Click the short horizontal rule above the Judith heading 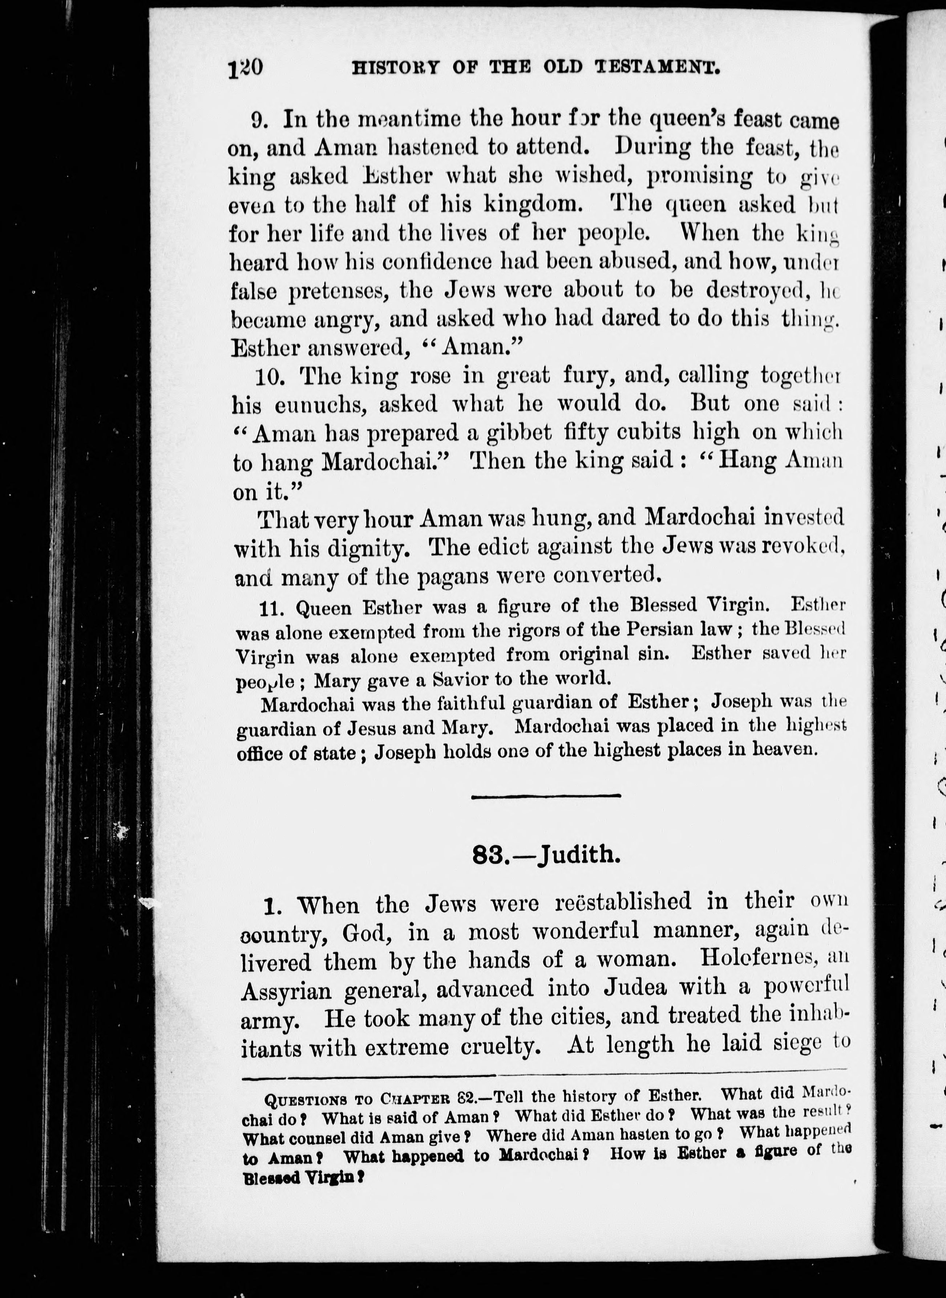pos(546,796)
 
